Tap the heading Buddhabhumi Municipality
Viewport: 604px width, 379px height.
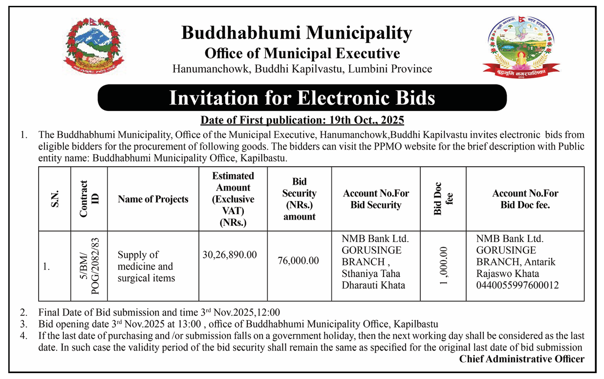tap(297, 33)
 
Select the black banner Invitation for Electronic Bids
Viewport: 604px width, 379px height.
tap(302, 98)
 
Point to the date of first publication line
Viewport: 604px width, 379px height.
tap(302, 120)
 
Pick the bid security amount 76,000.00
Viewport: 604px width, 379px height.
tap(298, 261)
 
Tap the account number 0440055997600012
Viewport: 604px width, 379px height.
tap(518, 285)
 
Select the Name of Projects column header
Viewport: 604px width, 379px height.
tap(153, 199)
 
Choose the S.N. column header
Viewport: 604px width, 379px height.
tap(55, 199)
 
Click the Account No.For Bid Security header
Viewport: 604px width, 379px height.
tap(376, 199)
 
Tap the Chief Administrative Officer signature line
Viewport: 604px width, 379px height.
tap(521, 359)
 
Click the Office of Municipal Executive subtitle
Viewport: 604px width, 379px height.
tap(302, 53)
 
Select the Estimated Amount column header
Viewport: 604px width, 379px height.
tap(233, 199)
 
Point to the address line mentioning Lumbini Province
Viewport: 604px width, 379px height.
tap(302, 69)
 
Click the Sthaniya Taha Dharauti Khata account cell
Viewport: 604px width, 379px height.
tap(375, 279)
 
